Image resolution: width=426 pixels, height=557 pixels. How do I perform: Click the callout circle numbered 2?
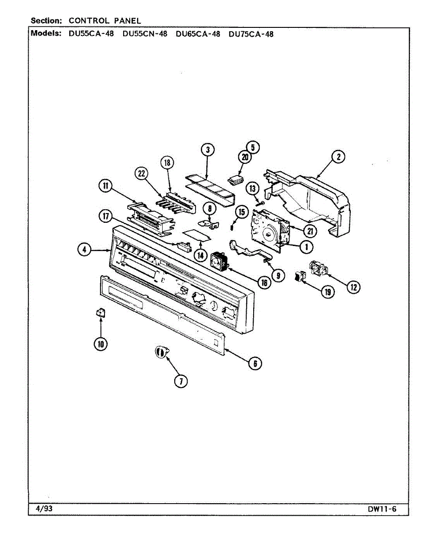click(339, 157)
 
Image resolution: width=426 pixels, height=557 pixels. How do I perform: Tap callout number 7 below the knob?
click(180, 382)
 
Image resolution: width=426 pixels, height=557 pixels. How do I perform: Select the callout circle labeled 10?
click(100, 344)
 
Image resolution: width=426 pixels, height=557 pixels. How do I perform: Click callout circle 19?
click(328, 292)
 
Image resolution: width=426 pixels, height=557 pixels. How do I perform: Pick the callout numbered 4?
click(84, 250)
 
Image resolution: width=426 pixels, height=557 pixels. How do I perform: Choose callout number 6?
click(255, 363)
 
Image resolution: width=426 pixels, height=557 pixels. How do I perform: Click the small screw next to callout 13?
click(261, 203)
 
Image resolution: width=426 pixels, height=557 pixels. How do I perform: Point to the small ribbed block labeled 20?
click(237, 178)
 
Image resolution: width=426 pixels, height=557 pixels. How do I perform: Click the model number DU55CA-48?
click(91, 34)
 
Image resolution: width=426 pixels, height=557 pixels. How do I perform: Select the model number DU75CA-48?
click(251, 34)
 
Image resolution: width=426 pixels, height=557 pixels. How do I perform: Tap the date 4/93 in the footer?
click(44, 509)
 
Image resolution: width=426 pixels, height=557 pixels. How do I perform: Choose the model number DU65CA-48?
click(198, 34)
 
